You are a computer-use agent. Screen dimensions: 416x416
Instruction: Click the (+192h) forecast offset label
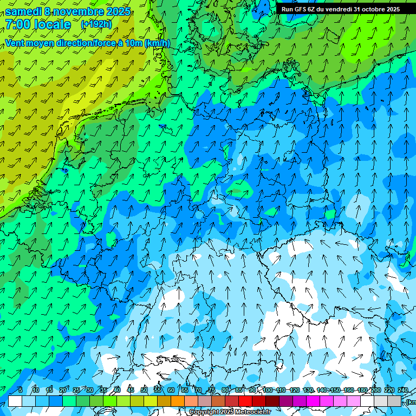click(x=96, y=24)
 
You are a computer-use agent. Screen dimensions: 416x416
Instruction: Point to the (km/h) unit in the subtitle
click(x=158, y=43)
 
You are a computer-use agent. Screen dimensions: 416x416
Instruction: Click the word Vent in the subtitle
click(x=16, y=43)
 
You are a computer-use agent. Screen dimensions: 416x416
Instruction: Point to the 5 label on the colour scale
click(x=20, y=390)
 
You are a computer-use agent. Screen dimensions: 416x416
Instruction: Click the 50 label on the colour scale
click(x=144, y=390)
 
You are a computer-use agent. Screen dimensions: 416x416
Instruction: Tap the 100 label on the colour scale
click(x=268, y=390)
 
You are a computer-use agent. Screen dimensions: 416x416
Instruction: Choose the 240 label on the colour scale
click(x=402, y=390)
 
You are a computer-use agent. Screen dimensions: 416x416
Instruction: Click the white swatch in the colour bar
click(x=15, y=401)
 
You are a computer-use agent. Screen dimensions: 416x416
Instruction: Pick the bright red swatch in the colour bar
click(x=245, y=401)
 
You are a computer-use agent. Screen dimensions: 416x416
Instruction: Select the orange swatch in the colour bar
click(x=178, y=401)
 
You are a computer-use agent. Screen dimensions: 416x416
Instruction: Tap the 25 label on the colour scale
click(x=76, y=390)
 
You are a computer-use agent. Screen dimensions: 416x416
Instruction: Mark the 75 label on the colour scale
click(x=212, y=390)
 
